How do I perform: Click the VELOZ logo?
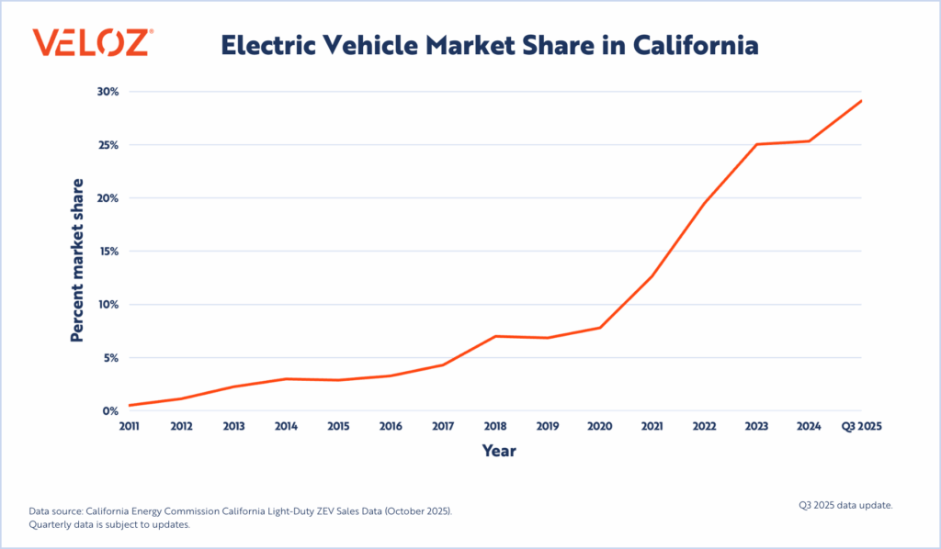[93, 43]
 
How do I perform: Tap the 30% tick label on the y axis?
[108, 92]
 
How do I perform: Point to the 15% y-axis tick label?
[108, 252]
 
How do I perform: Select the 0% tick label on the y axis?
[110, 411]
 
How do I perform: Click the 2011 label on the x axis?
[130, 426]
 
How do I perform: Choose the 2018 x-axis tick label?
[495, 426]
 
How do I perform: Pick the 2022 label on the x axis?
[705, 426]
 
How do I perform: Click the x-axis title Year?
[499, 451]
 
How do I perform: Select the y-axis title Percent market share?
[78, 260]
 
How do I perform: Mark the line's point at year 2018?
[495, 336]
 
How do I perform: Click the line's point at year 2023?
[757, 144]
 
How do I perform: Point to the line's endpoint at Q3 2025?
[861, 101]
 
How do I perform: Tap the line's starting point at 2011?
[130, 405]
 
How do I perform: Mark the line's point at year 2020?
[600, 328]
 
